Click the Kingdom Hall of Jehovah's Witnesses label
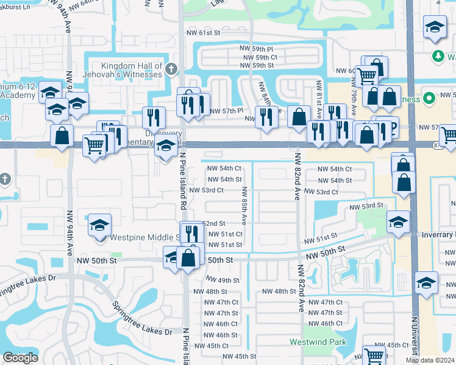point(124,70)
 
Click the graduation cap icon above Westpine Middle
point(100,225)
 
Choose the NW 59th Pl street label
point(257,47)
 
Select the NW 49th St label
point(222,280)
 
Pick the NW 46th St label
point(218,335)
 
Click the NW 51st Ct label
point(226,234)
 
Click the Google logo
point(20,357)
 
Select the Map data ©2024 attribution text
point(430,360)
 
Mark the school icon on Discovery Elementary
point(165,146)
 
